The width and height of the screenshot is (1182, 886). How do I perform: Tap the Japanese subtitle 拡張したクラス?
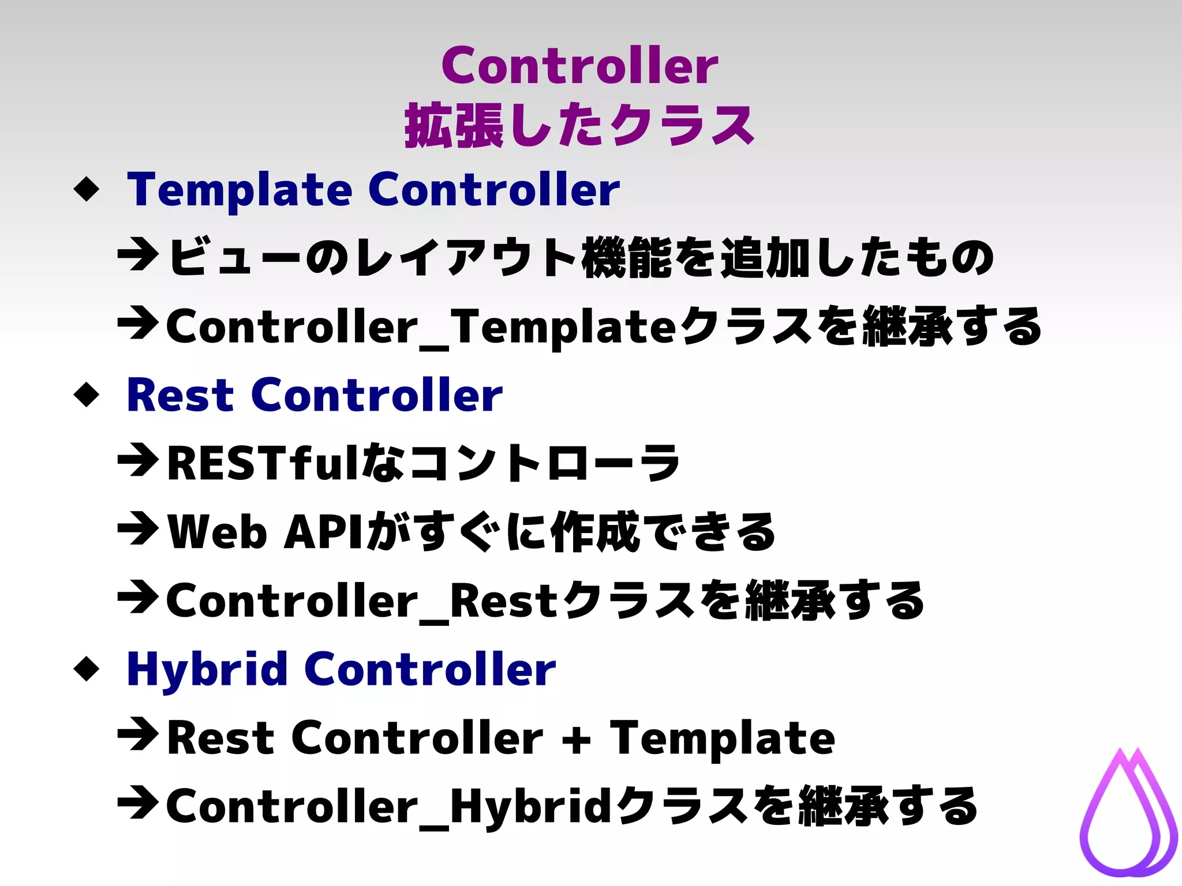(x=579, y=126)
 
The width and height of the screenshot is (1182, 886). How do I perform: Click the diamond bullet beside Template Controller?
(x=87, y=189)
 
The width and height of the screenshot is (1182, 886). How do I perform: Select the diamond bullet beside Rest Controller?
(x=87, y=395)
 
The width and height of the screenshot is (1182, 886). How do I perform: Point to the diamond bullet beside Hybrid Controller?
(x=87, y=669)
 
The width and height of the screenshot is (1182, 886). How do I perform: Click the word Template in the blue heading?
(x=240, y=190)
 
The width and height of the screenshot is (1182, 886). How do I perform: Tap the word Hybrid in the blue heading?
(x=207, y=669)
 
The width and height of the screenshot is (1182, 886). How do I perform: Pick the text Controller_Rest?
(x=362, y=602)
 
